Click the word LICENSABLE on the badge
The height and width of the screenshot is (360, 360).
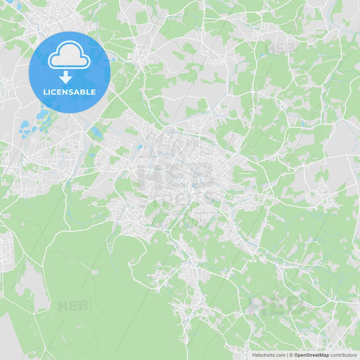pos(69,92)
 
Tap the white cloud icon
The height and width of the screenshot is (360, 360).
pos(69,57)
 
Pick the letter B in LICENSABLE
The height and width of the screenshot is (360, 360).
pos(85,92)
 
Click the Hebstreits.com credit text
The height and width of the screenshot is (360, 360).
pos(269,355)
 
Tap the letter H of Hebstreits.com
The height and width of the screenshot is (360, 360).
pos(254,355)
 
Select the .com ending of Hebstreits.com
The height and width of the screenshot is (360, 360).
pos(280,355)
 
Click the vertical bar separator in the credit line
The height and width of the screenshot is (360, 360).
pos(288,355)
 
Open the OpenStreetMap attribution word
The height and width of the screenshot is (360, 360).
pos(311,355)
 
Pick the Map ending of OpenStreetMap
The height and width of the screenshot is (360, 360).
pos(324,355)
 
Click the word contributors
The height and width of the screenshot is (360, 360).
pos(343,355)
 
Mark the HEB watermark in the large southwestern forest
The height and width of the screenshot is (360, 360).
pos(73,306)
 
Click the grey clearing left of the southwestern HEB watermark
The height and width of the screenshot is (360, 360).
pos(34,284)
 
